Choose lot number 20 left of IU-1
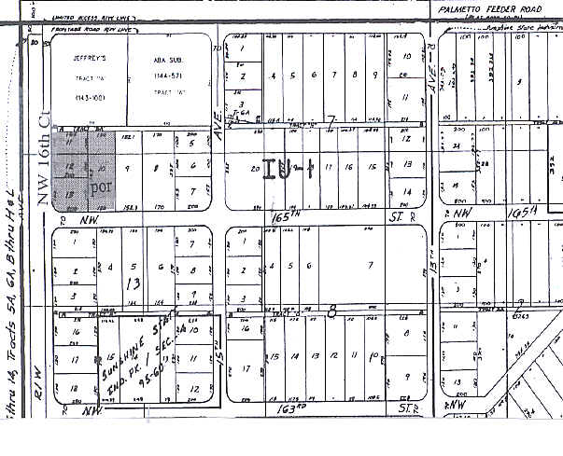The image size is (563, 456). coord(256,169)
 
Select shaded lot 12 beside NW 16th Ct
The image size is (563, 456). coord(69,166)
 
